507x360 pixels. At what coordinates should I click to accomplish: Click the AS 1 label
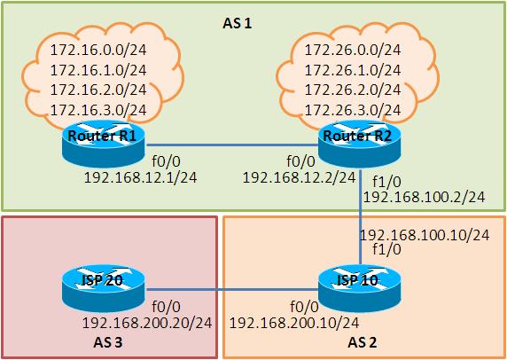point(237,24)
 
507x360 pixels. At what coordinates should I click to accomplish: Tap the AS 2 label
point(363,343)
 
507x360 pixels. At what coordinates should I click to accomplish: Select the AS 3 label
point(108,343)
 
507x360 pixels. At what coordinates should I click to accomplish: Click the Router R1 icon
point(103,144)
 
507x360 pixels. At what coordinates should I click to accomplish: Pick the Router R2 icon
point(359,144)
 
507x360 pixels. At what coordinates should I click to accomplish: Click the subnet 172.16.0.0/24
point(98,50)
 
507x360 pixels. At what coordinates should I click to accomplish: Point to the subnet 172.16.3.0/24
point(98,110)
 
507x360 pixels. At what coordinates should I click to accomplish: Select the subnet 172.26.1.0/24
point(353,70)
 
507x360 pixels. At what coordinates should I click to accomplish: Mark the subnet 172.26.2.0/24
point(353,90)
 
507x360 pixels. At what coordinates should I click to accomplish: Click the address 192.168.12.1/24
point(140,177)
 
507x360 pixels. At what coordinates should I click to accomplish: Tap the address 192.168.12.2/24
point(299,177)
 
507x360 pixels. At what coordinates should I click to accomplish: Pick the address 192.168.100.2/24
point(424,197)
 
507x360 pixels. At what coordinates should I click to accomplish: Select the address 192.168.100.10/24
point(425,235)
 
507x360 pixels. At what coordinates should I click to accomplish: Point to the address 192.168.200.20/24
point(147,323)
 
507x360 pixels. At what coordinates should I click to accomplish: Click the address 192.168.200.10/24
point(294,323)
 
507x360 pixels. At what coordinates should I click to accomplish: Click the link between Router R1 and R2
point(232,145)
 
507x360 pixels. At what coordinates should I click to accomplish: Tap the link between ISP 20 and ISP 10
point(232,290)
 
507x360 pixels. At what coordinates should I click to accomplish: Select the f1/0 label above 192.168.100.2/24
point(386,182)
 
